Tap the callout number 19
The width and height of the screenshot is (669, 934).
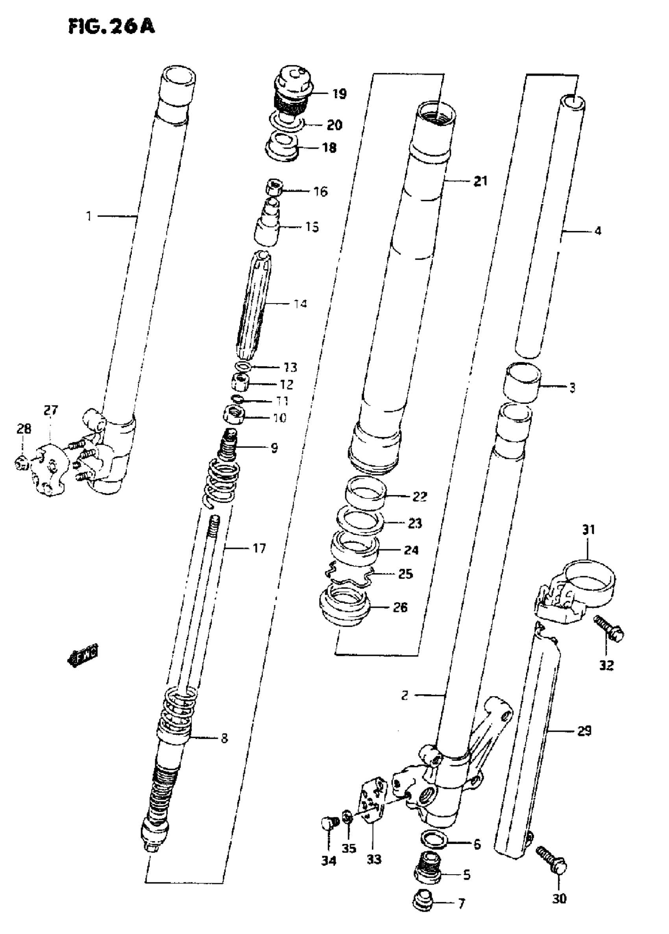(339, 94)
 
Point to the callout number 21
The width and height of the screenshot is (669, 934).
(480, 181)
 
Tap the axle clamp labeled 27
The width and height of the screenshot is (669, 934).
(51, 470)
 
